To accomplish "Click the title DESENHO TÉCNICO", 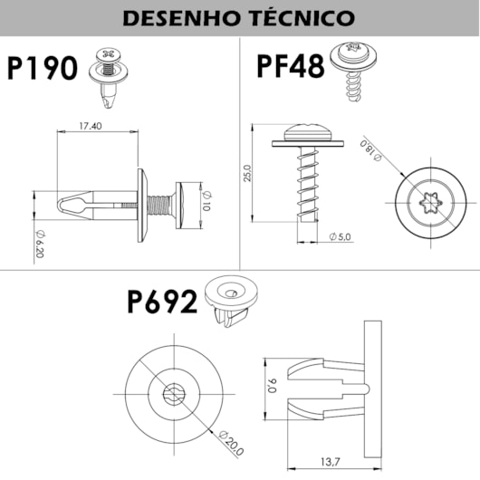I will tap(239, 16).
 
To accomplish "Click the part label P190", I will tap(42, 69).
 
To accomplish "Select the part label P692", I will tap(162, 301).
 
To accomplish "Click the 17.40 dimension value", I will tap(90, 126).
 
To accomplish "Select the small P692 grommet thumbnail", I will tap(229, 299).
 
